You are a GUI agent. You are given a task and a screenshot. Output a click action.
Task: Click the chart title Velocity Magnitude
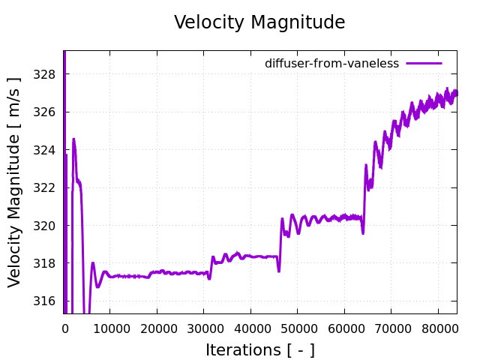coord(259,22)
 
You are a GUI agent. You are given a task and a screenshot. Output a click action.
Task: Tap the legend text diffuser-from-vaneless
coord(331,64)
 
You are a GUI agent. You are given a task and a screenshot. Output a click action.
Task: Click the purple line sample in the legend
coord(424,64)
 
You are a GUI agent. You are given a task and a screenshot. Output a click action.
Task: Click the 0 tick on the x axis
coord(64,327)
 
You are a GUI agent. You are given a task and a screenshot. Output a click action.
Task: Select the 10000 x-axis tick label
coord(109,327)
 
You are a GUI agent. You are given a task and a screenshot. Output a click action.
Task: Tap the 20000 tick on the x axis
coord(157,327)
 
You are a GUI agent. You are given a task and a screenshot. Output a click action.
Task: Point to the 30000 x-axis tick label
coord(203,327)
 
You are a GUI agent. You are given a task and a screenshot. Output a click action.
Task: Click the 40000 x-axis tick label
coord(250,327)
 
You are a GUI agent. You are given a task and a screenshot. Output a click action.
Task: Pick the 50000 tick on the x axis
coord(297,327)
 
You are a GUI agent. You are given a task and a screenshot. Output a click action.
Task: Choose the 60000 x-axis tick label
coord(344,327)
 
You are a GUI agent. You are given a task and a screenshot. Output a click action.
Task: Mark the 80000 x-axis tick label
coord(438,327)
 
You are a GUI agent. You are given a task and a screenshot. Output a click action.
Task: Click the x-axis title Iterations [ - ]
coord(259,349)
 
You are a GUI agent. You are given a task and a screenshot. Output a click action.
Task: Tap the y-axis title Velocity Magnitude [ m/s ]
coord(15,182)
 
